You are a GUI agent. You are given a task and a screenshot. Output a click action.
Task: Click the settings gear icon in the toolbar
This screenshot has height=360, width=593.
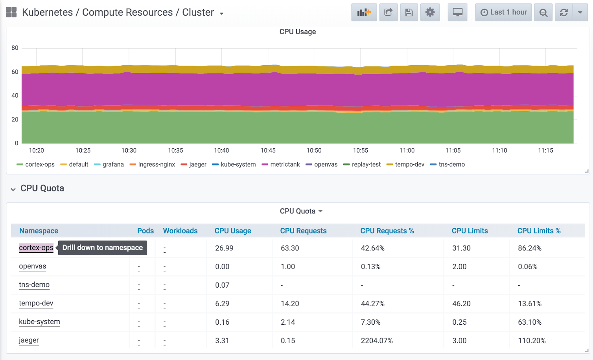[430, 12]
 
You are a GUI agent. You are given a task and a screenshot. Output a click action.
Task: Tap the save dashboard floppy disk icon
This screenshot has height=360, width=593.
[409, 12]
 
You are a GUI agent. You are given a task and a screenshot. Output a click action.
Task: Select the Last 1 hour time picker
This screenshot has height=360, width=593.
[503, 12]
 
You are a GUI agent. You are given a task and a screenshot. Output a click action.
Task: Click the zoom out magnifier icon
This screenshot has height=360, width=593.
[543, 13]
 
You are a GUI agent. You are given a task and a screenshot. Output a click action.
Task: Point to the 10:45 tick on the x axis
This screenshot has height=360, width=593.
[268, 151]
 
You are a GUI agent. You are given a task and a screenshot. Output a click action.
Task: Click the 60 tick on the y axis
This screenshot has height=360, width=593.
[15, 72]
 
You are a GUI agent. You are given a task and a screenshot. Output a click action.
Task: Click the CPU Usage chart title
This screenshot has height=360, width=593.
[297, 32]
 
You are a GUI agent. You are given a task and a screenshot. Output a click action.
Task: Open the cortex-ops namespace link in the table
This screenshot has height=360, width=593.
[36, 248]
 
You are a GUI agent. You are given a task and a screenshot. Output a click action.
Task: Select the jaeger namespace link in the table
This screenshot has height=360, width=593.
[29, 340]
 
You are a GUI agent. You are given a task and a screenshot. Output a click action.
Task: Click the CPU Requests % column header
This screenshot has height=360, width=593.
[387, 231]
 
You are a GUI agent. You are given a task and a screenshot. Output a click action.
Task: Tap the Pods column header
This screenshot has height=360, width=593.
[145, 231]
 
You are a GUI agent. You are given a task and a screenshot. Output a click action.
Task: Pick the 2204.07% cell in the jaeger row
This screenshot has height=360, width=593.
[377, 341]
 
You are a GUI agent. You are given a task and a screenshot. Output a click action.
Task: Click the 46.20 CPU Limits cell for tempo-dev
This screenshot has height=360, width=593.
[461, 304]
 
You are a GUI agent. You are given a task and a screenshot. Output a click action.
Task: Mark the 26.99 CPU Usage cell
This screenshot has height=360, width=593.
[224, 248]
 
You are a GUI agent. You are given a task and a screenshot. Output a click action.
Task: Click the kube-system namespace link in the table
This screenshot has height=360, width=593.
[39, 321]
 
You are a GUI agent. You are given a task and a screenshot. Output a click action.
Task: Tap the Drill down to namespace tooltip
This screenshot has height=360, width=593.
[102, 248]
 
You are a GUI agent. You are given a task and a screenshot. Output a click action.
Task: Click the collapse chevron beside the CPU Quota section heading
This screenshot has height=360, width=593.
[13, 189]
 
